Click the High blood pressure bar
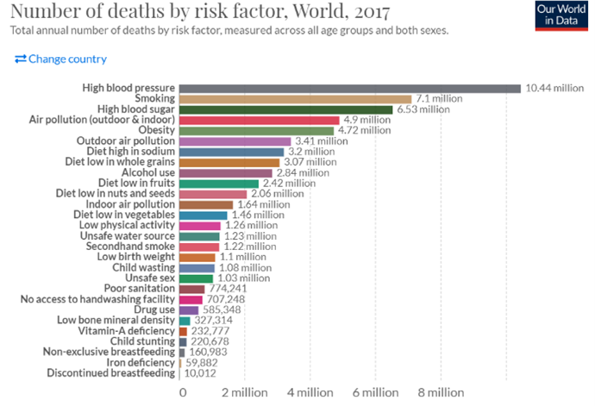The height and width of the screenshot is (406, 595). pyautogui.click(x=349, y=88)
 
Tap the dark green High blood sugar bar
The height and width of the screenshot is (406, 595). pyautogui.click(x=285, y=109)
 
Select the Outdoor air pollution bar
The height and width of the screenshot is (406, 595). pyautogui.click(x=235, y=141)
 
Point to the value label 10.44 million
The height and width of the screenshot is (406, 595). pyautogui.click(x=554, y=88)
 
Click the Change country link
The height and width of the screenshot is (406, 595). pyautogui.click(x=61, y=59)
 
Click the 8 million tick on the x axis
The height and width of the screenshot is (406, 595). pyautogui.click(x=441, y=392)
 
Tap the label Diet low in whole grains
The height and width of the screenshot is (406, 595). pyautogui.click(x=121, y=161)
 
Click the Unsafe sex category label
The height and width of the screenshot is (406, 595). pyautogui.click(x=149, y=278)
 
